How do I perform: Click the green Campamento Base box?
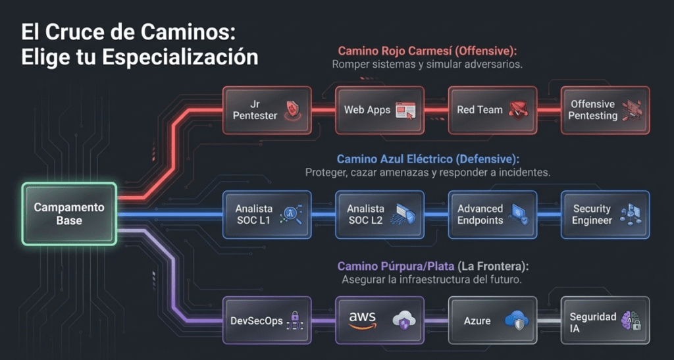coord(69,214)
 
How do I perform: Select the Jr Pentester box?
coord(267,111)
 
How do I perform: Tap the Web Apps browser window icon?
coord(405,111)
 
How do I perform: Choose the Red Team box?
coord(492,111)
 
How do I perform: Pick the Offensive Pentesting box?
coord(606,111)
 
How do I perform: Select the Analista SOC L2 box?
coord(380,215)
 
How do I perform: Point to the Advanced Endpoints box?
coord(492,215)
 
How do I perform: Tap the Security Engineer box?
coord(606,215)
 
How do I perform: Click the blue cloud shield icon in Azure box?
coord(516,321)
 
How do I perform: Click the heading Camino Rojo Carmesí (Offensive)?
coord(427,51)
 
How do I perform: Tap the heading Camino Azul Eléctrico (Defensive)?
coord(428,159)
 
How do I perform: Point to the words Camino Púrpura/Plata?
coord(396,267)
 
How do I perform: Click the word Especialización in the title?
coord(180,57)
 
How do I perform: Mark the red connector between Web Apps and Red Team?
coord(436,111)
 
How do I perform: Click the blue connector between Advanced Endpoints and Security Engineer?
coord(549,215)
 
